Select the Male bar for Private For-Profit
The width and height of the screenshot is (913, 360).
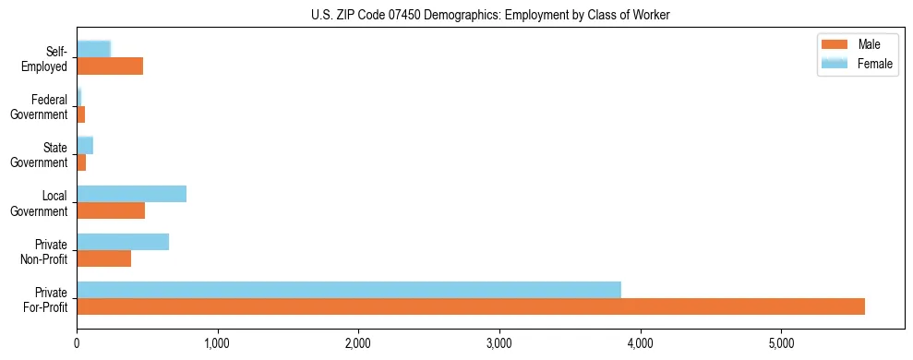pyautogui.click(x=471, y=306)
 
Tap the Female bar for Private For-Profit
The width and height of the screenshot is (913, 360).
pyautogui.click(x=349, y=290)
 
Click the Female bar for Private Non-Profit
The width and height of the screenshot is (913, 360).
pyautogui.click(x=123, y=242)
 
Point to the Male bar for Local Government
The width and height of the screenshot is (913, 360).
pyautogui.click(x=111, y=210)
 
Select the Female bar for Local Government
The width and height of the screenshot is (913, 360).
pyautogui.click(x=132, y=194)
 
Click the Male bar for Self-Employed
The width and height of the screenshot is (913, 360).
pyautogui.click(x=110, y=66)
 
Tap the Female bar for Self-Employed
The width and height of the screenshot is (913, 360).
pyautogui.click(x=94, y=49)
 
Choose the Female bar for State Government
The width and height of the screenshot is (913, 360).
pyautogui.click(x=85, y=145)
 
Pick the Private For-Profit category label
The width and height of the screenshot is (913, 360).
pyautogui.click(x=45, y=299)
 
